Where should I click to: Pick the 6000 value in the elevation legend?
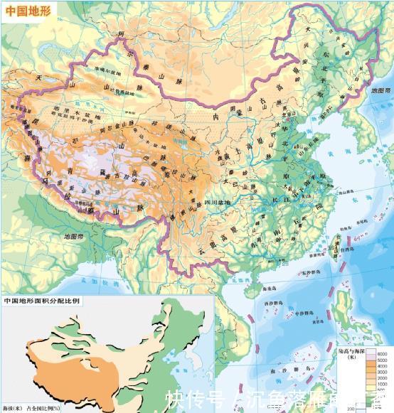pos(381,354)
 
